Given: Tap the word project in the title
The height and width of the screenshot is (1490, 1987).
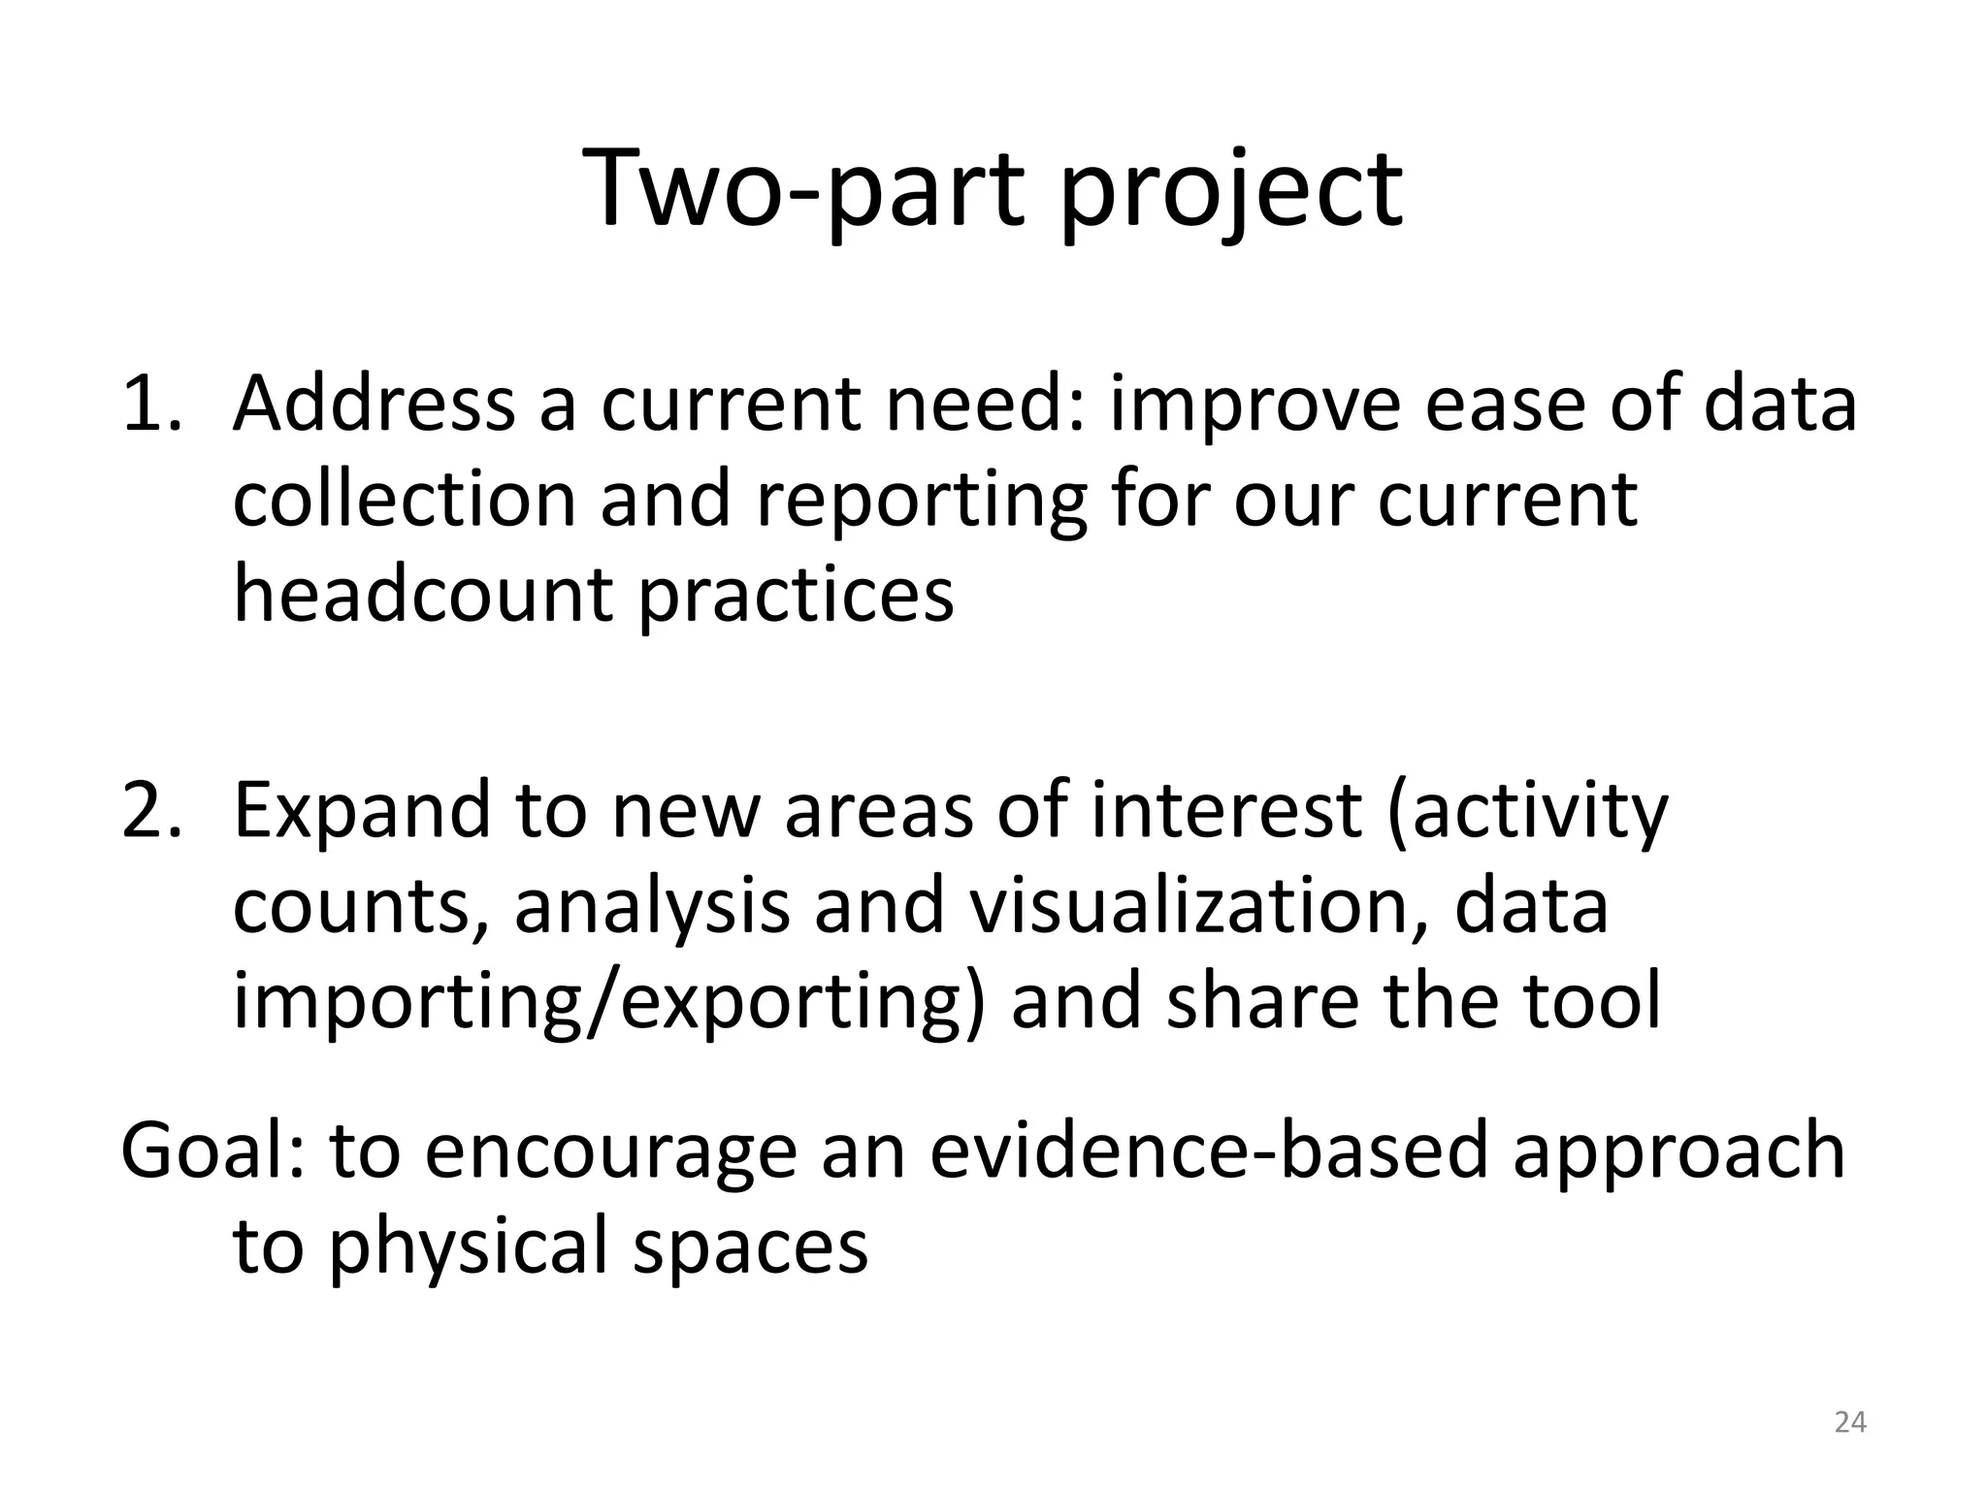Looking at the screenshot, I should tap(1230, 194).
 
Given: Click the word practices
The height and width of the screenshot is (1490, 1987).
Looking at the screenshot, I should tap(796, 597).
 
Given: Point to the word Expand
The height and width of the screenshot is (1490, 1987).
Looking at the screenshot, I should tap(362, 813).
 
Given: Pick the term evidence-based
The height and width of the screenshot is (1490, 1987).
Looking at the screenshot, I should tap(1209, 1150).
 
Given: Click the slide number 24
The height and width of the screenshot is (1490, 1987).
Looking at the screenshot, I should tap(1850, 1422).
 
